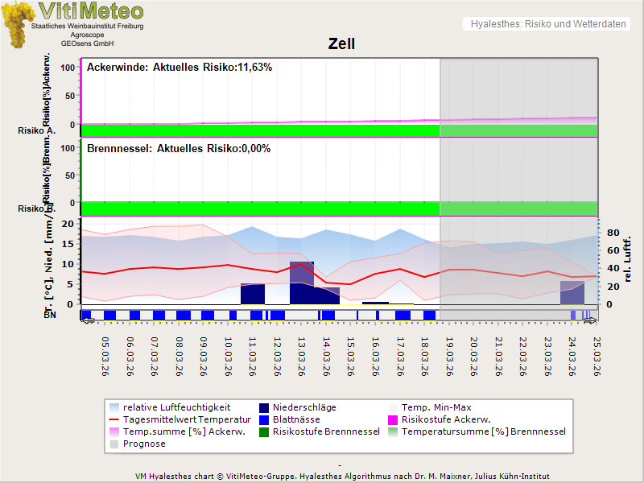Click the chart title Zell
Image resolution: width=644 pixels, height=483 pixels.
point(341,44)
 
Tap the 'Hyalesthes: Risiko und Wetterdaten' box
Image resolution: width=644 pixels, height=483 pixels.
point(547,24)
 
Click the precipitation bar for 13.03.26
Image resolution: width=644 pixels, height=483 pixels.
point(302,283)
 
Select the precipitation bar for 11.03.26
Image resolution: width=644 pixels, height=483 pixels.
point(253,294)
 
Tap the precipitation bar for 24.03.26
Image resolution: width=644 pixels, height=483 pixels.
point(572,292)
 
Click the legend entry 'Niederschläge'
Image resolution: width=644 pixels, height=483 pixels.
point(304,407)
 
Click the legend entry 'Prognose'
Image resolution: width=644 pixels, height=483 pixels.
point(144,444)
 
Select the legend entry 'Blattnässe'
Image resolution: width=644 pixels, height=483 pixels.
point(296,419)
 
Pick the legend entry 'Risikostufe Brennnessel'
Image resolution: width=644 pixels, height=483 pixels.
point(326,431)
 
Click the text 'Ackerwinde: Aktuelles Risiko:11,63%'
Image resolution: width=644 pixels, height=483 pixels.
point(180,68)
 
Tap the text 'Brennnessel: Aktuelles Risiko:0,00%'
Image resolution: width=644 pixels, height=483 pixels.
point(179,149)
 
